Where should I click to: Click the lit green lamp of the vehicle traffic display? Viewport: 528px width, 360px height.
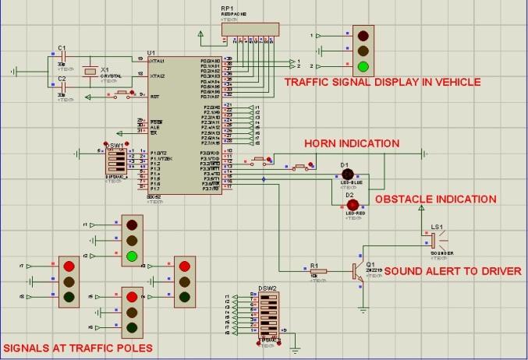click(x=362, y=65)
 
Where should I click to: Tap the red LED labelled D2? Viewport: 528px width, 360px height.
click(x=353, y=204)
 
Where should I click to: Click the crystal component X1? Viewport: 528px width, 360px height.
click(x=90, y=71)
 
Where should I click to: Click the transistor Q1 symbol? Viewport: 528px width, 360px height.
click(x=357, y=270)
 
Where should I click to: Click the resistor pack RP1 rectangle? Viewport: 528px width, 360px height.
click(x=249, y=28)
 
